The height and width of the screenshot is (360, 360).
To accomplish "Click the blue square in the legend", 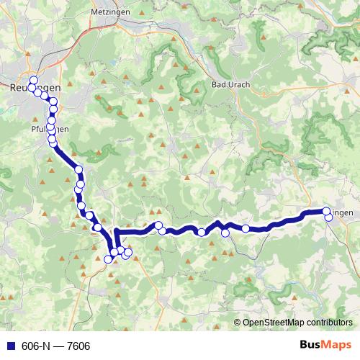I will (8, 346).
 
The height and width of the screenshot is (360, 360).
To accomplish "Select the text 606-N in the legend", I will (32, 346).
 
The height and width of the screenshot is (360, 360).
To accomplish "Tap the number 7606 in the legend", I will (78, 346).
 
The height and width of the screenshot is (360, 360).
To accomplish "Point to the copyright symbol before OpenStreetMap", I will (238, 323).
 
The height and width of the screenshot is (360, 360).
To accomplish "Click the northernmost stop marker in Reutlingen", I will (33, 79).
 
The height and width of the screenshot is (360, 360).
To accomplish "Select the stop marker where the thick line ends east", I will (326, 212).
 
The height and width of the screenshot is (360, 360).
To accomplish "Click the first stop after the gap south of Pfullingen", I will (79, 170).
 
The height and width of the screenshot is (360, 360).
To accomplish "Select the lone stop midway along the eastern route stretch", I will (246, 228).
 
